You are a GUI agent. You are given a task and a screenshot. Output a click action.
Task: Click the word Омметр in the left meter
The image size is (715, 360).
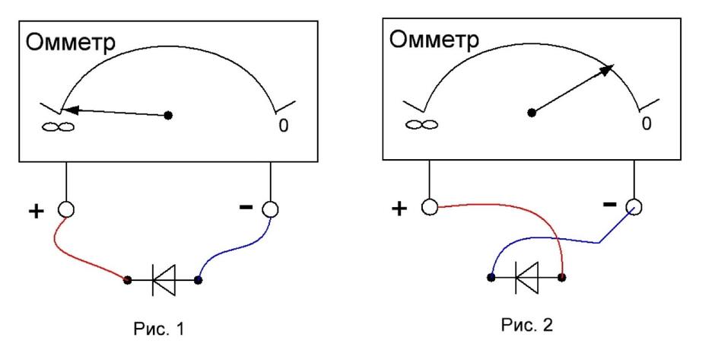pyautogui.click(x=71, y=43)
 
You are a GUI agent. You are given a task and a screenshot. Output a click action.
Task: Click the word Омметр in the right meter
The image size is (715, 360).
pyautogui.click(x=434, y=40)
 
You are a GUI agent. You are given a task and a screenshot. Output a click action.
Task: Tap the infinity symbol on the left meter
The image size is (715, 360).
pyautogui.click(x=59, y=126)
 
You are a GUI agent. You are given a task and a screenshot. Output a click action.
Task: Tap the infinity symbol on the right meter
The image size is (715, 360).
pyautogui.click(x=422, y=124)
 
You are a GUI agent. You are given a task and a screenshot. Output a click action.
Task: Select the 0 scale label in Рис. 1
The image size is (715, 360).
pyautogui.click(x=284, y=126)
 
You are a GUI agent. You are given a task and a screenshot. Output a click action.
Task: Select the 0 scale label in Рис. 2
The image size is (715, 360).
pyautogui.click(x=647, y=123)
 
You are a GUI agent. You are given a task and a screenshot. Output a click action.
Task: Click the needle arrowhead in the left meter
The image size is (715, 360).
pyautogui.click(x=70, y=110)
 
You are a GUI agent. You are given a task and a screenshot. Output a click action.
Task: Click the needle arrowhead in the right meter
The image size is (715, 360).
pyautogui.click(x=606, y=70)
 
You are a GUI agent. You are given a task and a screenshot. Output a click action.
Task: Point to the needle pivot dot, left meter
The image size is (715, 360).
pyautogui.click(x=168, y=116)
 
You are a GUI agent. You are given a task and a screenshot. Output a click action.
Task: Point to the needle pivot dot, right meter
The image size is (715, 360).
pyautogui.click(x=531, y=112)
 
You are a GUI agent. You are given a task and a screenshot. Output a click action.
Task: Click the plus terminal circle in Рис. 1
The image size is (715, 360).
pyautogui.click(x=66, y=209)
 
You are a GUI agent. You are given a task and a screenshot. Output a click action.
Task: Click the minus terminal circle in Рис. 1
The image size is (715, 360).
pyautogui.click(x=270, y=209)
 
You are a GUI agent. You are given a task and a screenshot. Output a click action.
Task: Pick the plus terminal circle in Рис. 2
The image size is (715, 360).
pyautogui.click(x=430, y=207)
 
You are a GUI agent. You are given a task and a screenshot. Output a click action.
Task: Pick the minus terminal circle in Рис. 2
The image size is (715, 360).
pyautogui.click(x=634, y=207)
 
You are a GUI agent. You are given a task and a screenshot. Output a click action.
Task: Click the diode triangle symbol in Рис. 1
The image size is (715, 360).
pyautogui.click(x=164, y=279)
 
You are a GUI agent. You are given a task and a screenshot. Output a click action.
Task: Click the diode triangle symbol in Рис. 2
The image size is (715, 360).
pyautogui.click(x=526, y=277)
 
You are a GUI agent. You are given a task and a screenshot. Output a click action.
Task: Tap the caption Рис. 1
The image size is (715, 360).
pyautogui.click(x=159, y=329)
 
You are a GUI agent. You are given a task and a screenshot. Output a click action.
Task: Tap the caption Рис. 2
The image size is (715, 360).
pyautogui.click(x=526, y=325)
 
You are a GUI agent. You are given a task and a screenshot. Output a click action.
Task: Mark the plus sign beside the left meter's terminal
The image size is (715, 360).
pyautogui.click(x=36, y=212)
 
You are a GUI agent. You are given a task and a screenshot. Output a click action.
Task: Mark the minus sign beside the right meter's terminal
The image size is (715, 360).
pyautogui.click(x=610, y=205)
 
